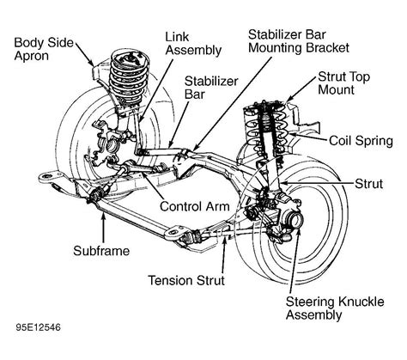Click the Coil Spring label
coord(360,140)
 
